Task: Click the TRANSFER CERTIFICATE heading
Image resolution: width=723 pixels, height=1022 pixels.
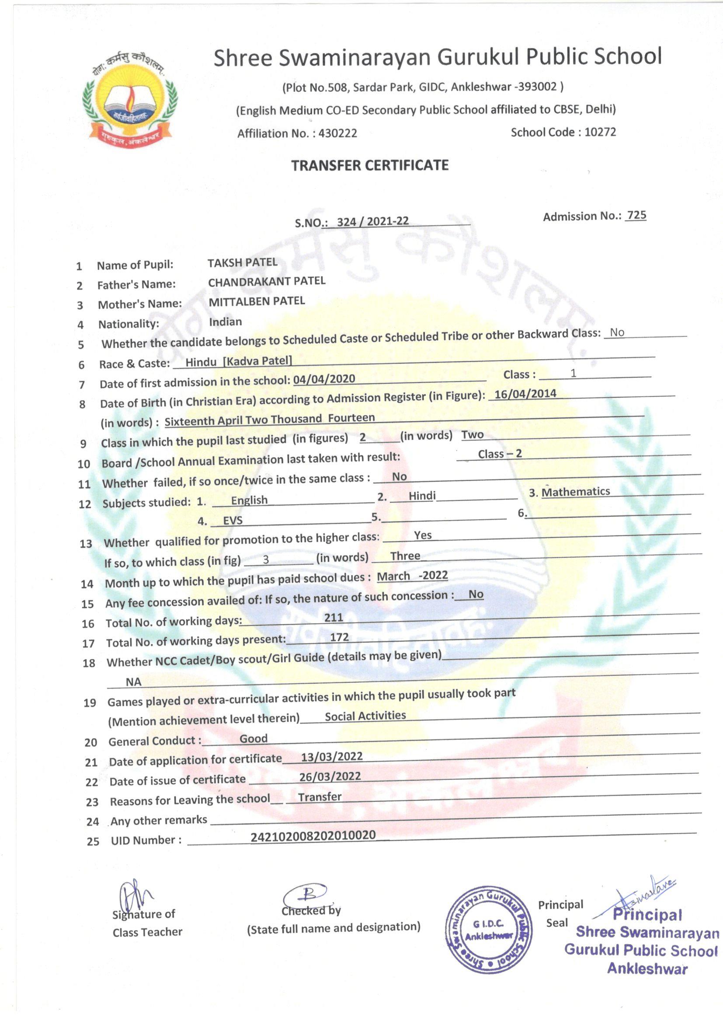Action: pyautogui.click(x=369, y=166)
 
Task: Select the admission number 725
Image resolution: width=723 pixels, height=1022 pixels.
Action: pyautogui.click(x=636, y=215)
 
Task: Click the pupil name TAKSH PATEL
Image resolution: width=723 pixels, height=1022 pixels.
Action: pyautogui.click(x=242, y=263)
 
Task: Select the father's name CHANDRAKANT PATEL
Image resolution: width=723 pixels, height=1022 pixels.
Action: pyautogui.click(x=267, y=282)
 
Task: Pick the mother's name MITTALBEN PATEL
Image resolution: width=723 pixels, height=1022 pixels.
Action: pyautogui.click(x=257, y=301)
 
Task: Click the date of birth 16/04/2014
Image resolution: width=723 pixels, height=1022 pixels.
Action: pyautogui.click(x=525, y=394)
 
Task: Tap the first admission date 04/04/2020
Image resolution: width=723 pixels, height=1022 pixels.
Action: pyautogui.click(x=324, y=379)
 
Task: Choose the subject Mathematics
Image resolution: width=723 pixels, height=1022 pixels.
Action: pyautogui.click(x=575, y=492)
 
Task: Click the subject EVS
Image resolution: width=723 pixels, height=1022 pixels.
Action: pyautogui.click(x=233, y=520)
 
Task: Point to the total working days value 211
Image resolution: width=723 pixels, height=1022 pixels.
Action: pyautogui.click(x=334, y=617)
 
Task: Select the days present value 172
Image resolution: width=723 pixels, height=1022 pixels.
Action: pyautogui.click(x=339, y=637)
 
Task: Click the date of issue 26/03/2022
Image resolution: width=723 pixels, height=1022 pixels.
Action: pyautogui.click(x=330, y=776)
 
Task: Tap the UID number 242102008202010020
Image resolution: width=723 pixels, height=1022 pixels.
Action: pyautogui.click(x=313, y=835)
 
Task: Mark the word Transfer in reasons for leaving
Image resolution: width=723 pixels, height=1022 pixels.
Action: pyautogui.click(x=320, y=797)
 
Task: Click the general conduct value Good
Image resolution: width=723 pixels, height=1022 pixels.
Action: pyautogui.click(x=254, y=738)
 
